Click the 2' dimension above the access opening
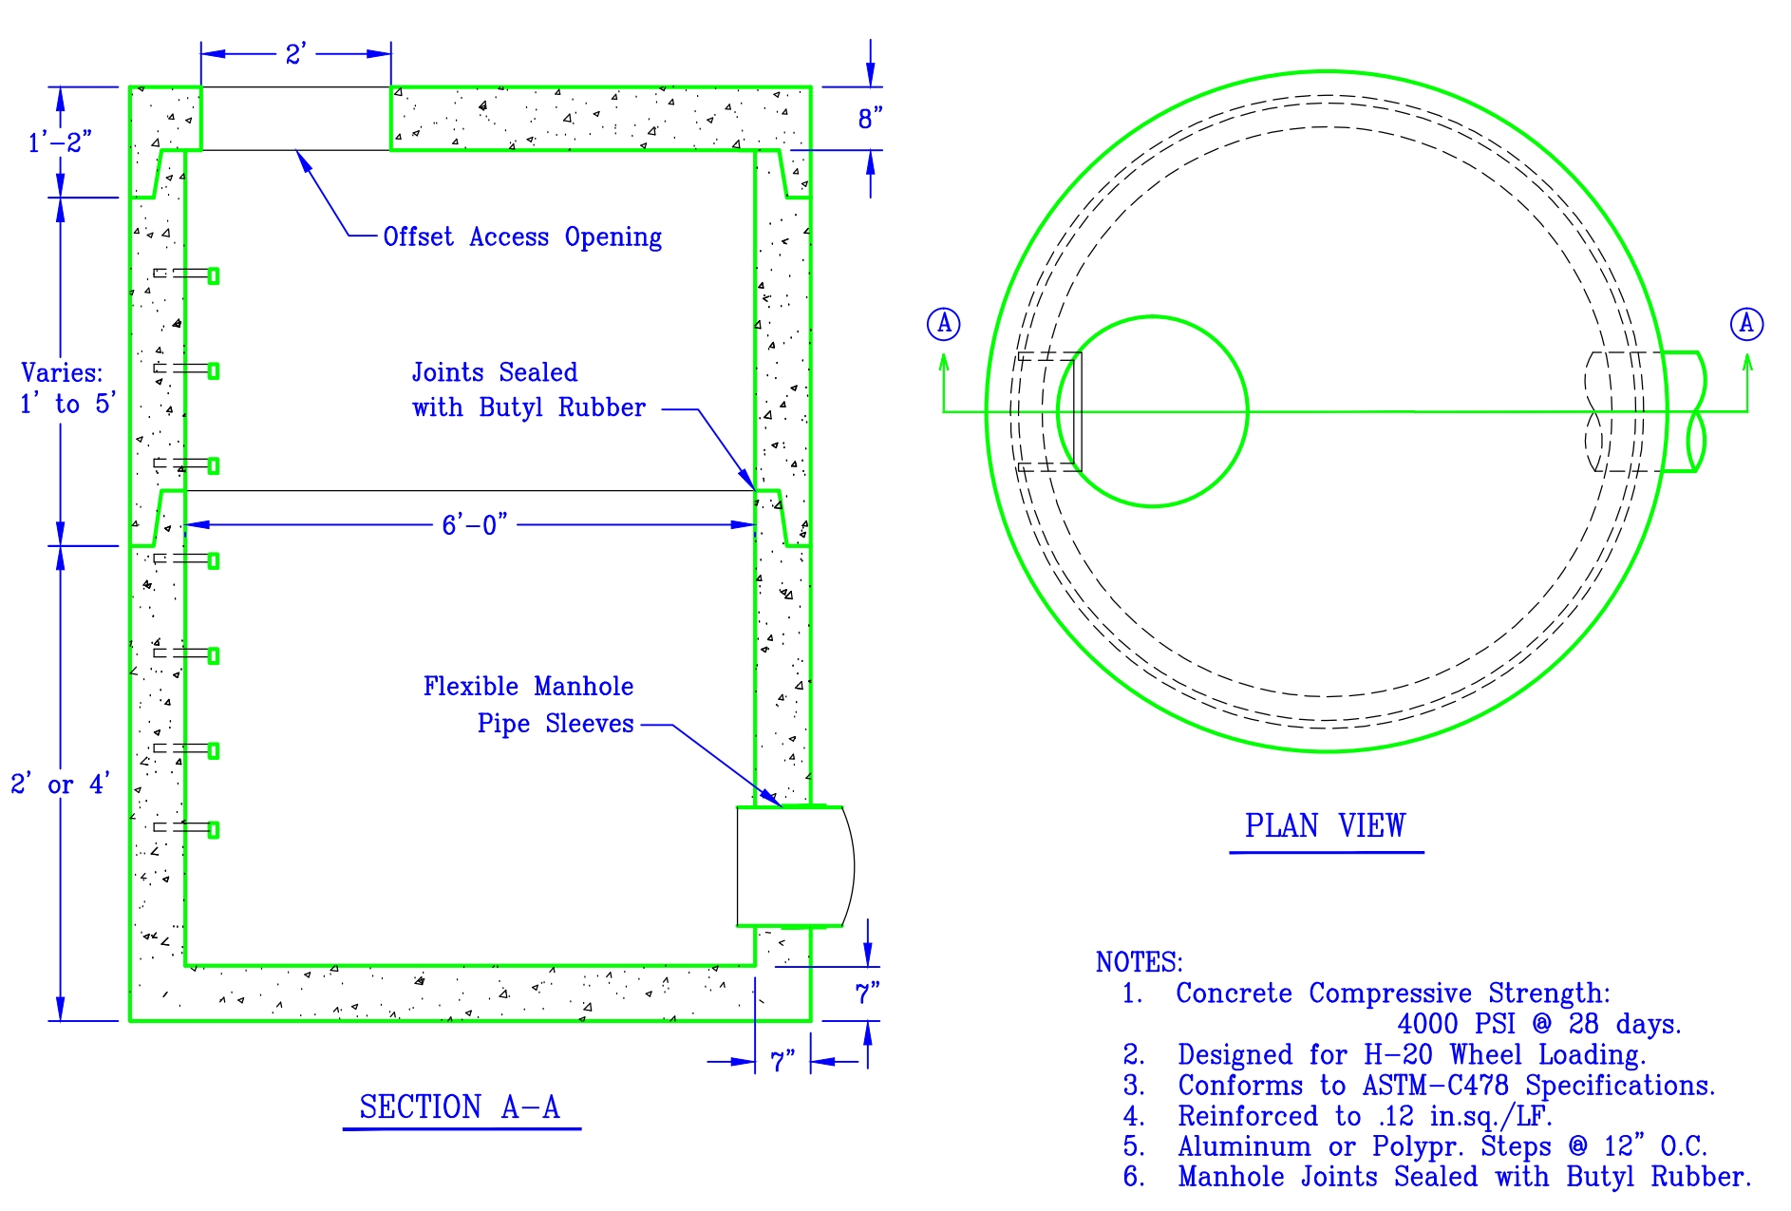pyautogui.click(x=295, y=54)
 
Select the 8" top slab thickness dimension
pyautogui.click(x=870, y=119)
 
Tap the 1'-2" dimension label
pyautogui.click(x=60, y=142)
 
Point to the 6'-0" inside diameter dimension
pyautogui.click(x=474, y=524)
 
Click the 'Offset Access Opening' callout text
pyautogui.click(x=522, y=237)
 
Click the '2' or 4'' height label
pyautogui.click(x=60, y=785)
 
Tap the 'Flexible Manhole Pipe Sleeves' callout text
pyautogui.click(x=529, y=705)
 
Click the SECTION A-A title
pyautogui.click(x=460, y=1107)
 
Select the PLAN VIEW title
pyautogui.click(x=1325, y=825)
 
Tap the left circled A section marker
pyautogui.click(x=943, y=324)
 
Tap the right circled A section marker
pyautogui.click(x=1745, y=324)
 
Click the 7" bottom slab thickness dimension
pyautogui.click(x=867, y=993)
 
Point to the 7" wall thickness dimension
pyautogui.click(x=782, y=1061)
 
